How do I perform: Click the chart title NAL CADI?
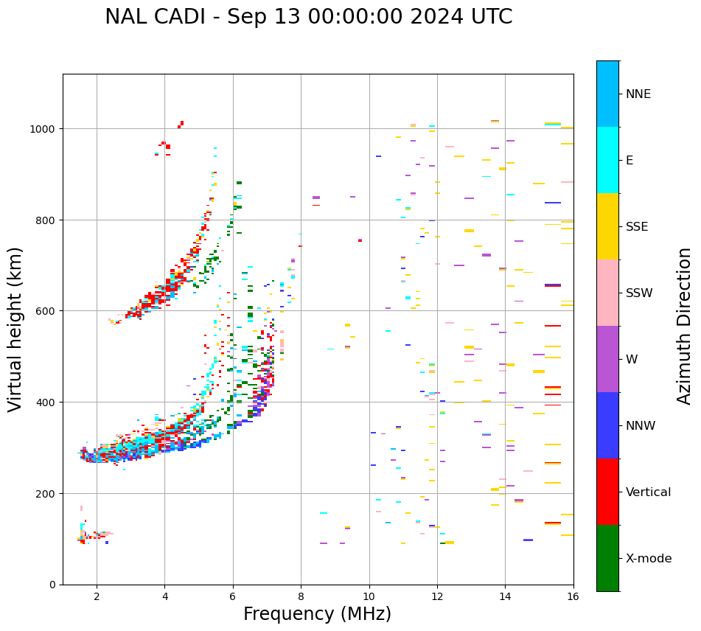(x=152, y=17)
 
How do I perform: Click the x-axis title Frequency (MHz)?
(x=317, y=614)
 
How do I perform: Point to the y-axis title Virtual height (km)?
(x=16, y=329)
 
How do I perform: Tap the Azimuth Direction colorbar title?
(x=685, y=326)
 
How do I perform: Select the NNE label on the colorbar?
(x=638, y=94)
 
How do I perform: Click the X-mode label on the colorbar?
(x=649, y=559)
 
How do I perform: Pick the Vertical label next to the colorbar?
(x=649, y=492)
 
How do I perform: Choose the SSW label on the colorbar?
(x=639, y=293)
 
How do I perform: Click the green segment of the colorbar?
(x=607, y=558)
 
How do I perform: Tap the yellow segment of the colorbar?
(x=607, y=226)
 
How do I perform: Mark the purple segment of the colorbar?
(x=607, y=359)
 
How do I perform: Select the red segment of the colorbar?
(x=607, y=492)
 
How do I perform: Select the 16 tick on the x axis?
(x=573, y=597)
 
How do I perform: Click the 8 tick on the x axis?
(x=301, y=597)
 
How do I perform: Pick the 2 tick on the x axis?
(x=97, y=597)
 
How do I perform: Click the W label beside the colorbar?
(x=632, y=360)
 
